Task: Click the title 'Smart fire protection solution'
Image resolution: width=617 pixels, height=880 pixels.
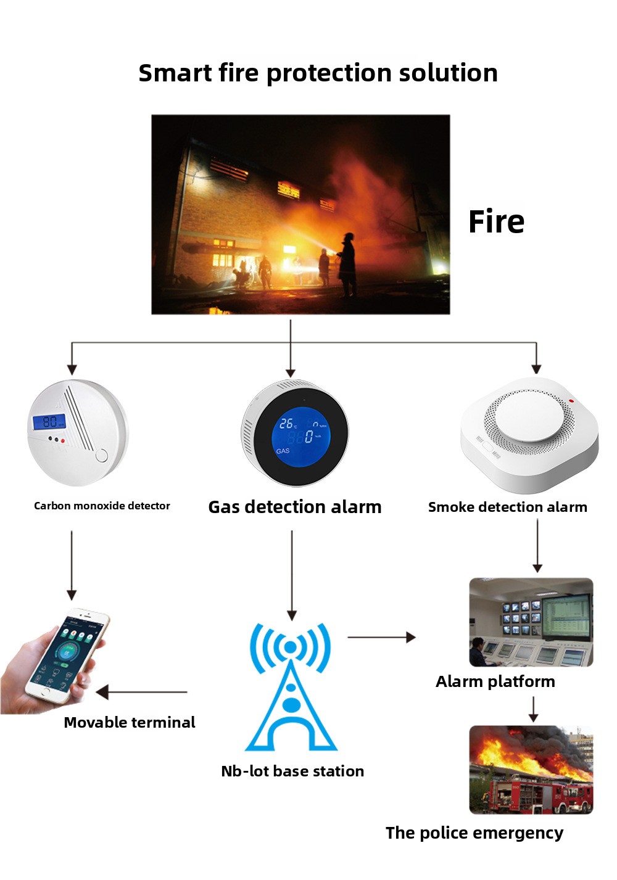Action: click(x=318, y=73)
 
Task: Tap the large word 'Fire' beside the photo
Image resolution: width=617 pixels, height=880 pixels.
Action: click(x=496, y=221)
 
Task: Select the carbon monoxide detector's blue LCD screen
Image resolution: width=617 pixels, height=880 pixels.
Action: click(x=49, y=422)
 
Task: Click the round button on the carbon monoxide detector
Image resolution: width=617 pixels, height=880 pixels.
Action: click(x=101, y=456)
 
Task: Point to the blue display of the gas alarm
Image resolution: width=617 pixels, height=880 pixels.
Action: click(x=300, y=437)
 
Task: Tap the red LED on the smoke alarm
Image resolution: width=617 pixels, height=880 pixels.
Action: click(x=571, y=401)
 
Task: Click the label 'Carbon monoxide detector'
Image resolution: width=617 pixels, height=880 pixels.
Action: click(x=102, y=506)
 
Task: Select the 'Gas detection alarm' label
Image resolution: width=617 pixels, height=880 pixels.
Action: click(x=295, y=507)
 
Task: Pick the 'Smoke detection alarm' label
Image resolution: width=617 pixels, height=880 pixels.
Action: click(x=507, y=507)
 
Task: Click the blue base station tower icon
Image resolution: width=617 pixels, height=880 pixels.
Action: click(x=291, y=687)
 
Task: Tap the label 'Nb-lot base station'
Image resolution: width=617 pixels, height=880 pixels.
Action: click(x=292, y=771)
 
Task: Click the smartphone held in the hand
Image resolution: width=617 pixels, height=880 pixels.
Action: click(x=67, y=654)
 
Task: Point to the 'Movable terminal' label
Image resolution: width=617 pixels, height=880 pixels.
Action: click(x=130, y=723)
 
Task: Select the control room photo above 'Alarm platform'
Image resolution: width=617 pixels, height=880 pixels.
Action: click(x=531, y=622)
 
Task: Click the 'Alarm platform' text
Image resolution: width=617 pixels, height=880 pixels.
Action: click(x=495, y=681)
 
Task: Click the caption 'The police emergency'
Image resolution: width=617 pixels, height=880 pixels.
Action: click(x=474, y=833)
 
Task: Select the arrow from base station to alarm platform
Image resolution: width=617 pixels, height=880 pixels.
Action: click(x=381, y=637)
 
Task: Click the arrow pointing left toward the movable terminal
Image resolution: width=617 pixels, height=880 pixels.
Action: click(x=141, y=692)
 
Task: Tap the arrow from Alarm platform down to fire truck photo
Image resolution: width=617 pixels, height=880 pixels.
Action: click(x=533, y=709)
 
